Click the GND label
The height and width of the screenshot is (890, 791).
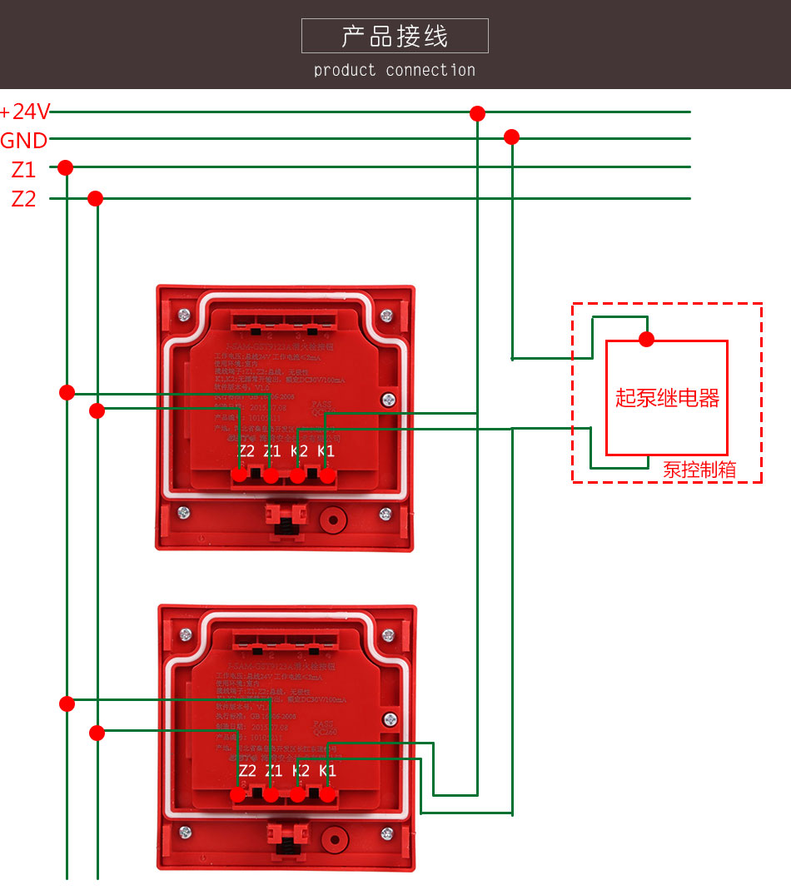(x=24, y=141)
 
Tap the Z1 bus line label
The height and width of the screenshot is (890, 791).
(x=23, y=170)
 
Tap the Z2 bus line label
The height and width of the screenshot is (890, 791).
(x=23, y=199)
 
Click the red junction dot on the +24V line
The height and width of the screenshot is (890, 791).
(x=477, y=113)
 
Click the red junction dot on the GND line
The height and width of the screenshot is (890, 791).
(x=512, y=137)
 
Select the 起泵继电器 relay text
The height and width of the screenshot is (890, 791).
(x=667, y=398)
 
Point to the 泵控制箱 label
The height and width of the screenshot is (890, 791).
(x=699, y=469)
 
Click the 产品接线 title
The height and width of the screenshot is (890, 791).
(x=395, y=37)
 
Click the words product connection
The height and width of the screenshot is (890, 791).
(x=395, y=71)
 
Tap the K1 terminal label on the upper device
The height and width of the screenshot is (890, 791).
(x=326, y=451)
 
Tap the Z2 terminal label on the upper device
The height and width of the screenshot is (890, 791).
(x=246, y=451)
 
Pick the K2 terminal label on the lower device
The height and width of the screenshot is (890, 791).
(x=301, y=771)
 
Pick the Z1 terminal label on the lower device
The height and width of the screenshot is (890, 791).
(x=273, y=771)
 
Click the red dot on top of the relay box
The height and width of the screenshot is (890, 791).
(x=646, y=339)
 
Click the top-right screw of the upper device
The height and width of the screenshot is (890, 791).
(x=386, y=316)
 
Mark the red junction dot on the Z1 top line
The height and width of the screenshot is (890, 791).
(x=66, y=168)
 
